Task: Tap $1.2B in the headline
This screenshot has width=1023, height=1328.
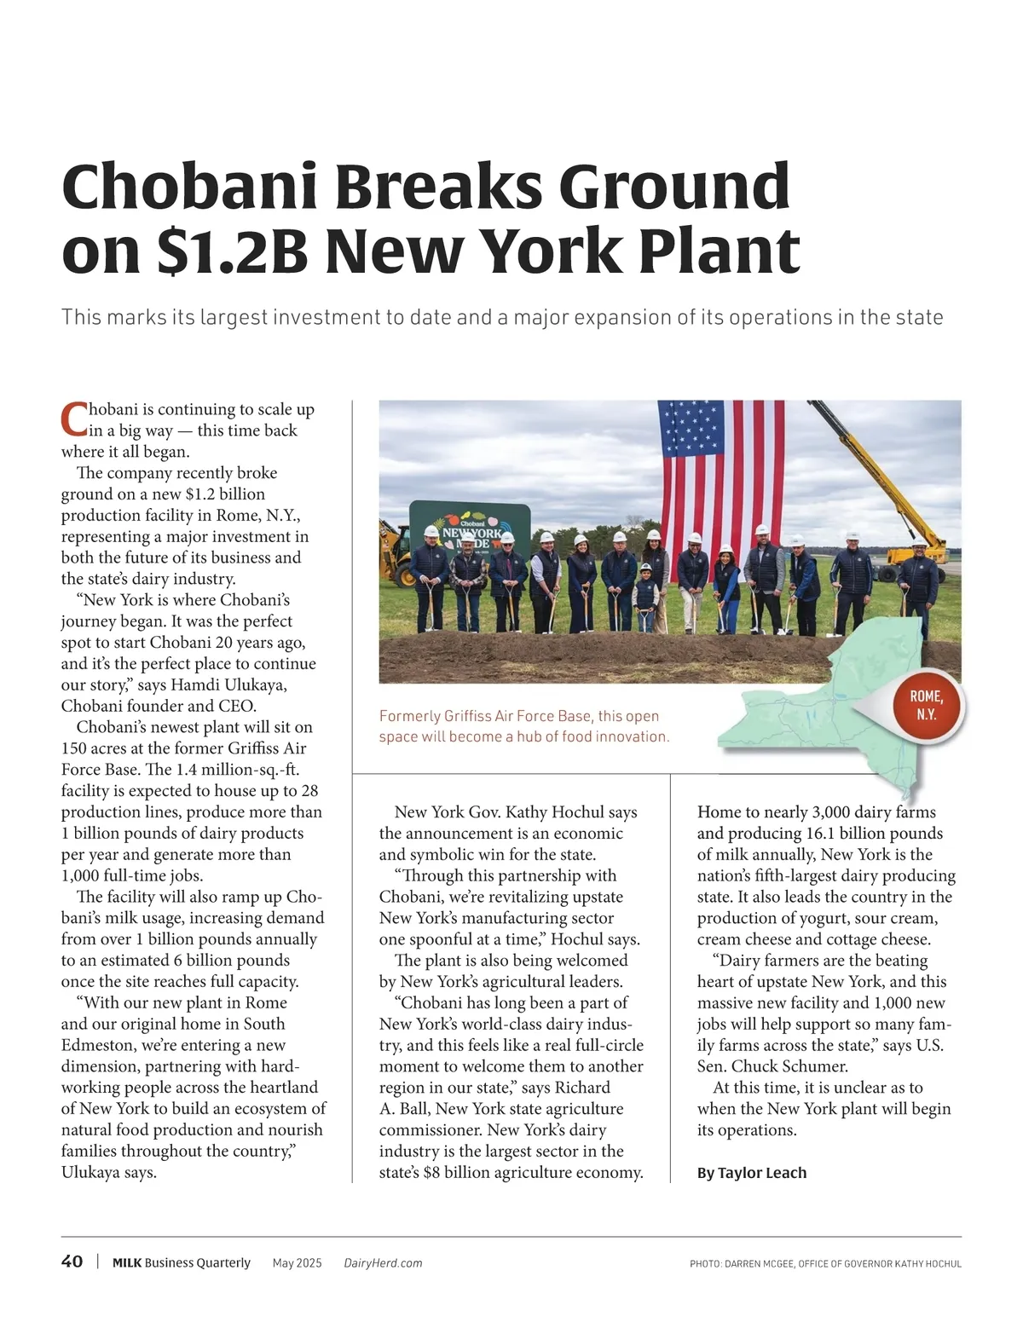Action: click(232, 251)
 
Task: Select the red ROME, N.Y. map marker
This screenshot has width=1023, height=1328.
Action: click(926, 706)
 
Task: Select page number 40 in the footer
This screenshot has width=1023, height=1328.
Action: click(72, 1262)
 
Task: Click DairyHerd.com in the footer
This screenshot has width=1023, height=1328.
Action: click(383, 1262)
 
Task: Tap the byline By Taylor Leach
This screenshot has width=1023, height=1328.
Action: click(751, 1172)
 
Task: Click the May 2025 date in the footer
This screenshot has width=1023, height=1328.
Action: click(297, 1262)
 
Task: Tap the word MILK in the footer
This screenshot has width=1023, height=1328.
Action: click(127, 1262)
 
